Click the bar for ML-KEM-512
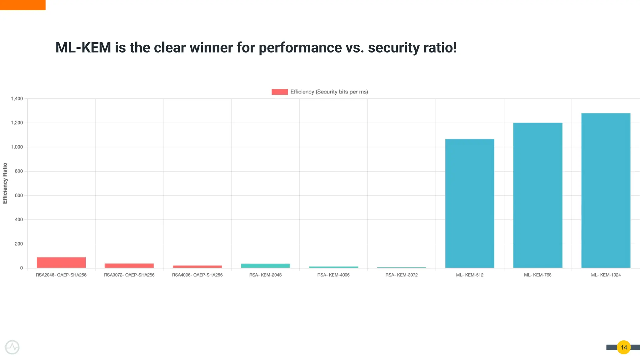coord(469,203)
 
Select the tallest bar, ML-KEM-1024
coord(606,191)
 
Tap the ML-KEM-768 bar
coord(537,195)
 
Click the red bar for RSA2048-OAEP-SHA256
coord(61,262)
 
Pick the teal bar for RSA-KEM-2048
coord(265,266)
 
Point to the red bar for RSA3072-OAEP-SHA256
coord(129,266)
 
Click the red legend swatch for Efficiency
coord(279,92)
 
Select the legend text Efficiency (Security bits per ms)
coord(329,92)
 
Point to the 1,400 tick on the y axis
coord(17,99)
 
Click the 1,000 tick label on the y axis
coord(17,147)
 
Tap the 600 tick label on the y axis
coord(19,196)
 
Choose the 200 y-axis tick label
coord(19,244)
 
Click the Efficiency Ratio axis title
coord(5,183)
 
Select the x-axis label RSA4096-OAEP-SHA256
coord(197,275)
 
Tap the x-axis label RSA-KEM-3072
coord(401,275)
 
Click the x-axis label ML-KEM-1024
coord(606,275)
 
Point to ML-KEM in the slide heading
coord(83,47)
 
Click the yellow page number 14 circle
coord(623,347)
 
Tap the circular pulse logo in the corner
coord(12,347)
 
